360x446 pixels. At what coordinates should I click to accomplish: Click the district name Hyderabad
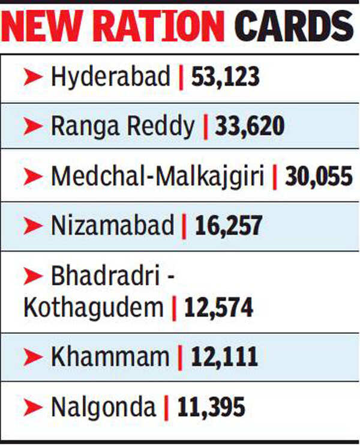pos(111,77)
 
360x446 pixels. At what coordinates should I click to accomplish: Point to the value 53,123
pos(225,77)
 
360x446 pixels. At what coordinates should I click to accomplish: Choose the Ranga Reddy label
pos(123,127)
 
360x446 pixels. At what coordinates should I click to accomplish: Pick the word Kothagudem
pos(93,308)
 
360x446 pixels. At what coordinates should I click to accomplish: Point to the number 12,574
pos(219,308)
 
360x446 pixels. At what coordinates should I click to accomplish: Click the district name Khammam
pos(110,358)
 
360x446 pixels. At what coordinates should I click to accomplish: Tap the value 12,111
pos(224,358)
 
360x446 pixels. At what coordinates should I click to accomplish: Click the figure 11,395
pos(211,408)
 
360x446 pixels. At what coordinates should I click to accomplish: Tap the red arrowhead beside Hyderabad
pos(33,77)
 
